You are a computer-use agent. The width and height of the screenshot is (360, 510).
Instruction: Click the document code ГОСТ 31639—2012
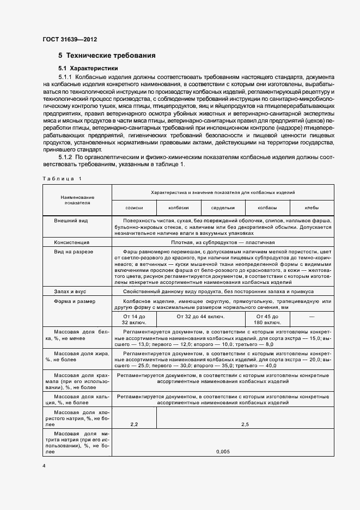(x=70, y=40)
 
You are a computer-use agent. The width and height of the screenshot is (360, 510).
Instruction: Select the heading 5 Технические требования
(x=107, y=56)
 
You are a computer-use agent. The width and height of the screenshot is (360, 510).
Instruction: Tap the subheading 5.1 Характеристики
(x=88, y=69)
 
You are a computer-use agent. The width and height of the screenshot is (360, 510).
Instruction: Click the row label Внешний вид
(x=71, y=221)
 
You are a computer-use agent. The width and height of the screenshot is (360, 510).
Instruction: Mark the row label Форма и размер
(x=74, y=301)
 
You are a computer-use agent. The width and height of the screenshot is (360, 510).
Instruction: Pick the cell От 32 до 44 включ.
(x=200, y=316)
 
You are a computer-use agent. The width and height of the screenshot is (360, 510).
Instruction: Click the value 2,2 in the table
(x=134, y=424)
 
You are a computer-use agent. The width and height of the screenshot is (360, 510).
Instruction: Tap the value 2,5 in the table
(x=245, y=424)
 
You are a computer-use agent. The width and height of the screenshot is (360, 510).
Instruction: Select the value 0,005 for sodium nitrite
(x=222, y=452)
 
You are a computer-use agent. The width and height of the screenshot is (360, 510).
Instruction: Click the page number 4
(x=44, y=466)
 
